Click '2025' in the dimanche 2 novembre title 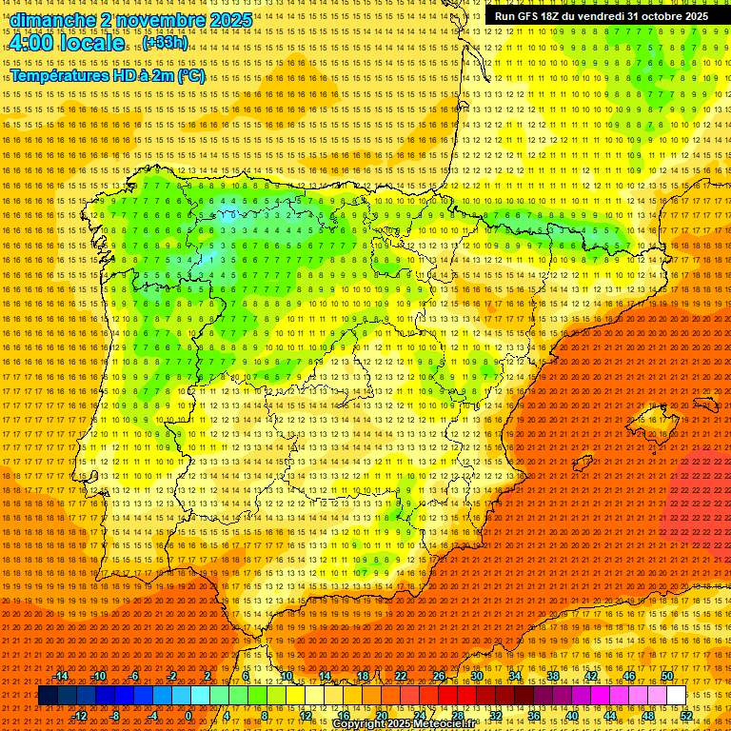(228, 20)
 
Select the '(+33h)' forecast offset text (166, 44)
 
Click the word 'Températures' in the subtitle (61, 76)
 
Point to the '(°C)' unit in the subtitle (190, 76)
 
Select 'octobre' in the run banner (662, 16)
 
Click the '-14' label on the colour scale (61, 676)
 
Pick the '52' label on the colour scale (686, 716)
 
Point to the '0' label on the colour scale (189, 716)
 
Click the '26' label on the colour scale (439, 676)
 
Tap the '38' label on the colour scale (552, 676)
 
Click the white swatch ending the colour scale (676, 696)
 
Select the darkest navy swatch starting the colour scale (49, 696)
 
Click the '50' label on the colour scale (666, 676)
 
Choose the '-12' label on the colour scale (80, 716)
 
